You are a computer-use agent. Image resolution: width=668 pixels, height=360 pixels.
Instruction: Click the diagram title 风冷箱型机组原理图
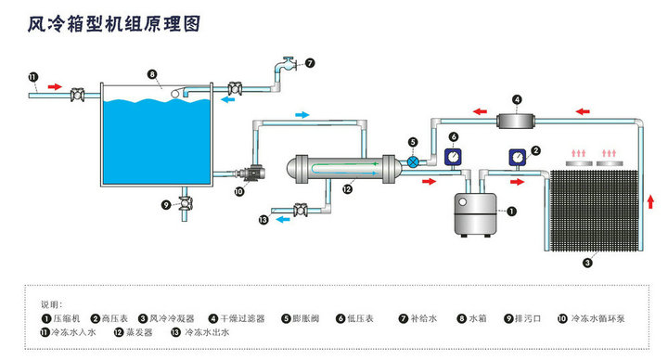pos(114,24)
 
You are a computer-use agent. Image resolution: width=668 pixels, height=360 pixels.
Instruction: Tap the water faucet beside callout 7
pos(287,64)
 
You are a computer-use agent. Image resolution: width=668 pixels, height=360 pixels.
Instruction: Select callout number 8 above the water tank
pos(152,74)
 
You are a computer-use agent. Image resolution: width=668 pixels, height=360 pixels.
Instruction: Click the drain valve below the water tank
pos(185,203)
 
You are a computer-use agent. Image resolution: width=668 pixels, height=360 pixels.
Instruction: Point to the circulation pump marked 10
pos(251,174)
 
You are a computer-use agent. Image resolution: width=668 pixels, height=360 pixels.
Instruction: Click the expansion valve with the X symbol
pos(413,161)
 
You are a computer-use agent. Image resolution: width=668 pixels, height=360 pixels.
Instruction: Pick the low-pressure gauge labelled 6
pos(454,157)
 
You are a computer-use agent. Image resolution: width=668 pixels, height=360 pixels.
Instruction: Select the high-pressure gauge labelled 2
pos(518,157)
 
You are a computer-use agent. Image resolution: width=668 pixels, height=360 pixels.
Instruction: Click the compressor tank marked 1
pos(475,214)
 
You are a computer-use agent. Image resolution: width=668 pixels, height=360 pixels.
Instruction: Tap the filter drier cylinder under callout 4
pos(516,121)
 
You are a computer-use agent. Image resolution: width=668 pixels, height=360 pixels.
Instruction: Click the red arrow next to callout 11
pos(55,87)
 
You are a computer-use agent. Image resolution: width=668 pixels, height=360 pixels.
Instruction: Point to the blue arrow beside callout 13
pos(282,219)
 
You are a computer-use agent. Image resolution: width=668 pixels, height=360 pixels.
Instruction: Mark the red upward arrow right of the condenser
pos(650,201)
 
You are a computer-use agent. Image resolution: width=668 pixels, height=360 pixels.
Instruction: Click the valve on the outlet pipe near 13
pos(301,210)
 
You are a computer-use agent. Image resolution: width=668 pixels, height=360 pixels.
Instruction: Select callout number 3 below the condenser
pos(587,263)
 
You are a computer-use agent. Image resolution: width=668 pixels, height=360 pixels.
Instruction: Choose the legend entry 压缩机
pos(61,318)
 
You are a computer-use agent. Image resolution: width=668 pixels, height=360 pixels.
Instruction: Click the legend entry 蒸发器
pos(133,332)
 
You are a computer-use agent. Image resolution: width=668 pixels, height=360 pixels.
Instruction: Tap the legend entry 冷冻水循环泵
pos(591,318)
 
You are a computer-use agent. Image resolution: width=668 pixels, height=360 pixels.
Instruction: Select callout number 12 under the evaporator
pos(348,188)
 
